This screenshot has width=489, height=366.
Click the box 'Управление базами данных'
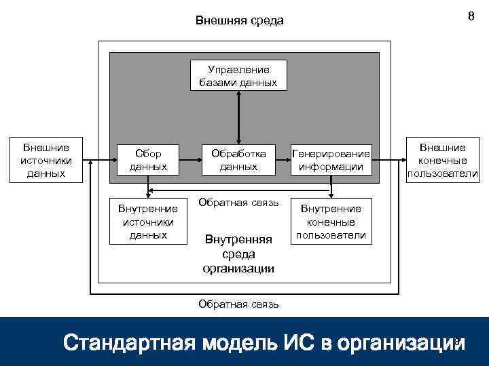pyautogui.click(x=238, y=76)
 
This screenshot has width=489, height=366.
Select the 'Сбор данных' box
pyautogui.click(x=148, y=160)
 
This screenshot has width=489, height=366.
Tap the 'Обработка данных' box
pyautogui.click(x=238, y=160)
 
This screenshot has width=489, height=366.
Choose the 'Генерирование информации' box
pyautogui.click(x=331, y=160)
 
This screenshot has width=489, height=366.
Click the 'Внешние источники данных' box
pyautogui.click(x=46, y=161)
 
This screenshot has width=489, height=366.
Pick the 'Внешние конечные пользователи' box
pyautogui.click(x=442, y=161)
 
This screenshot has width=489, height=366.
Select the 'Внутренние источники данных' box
pyautogui.click(x=148, y=222)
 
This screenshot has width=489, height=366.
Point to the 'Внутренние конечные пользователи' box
pyautogui.click(x=331, y=222)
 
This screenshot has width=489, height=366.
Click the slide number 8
pyautogui.click(x=471, y=17)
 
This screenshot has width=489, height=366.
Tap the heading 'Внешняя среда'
pyautogui.click(x=239, y=20)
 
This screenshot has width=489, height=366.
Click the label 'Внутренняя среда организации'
pyautogui.click(x=238, y=253)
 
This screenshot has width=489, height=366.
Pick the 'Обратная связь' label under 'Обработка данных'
pyautogui.click(x=238, y=203)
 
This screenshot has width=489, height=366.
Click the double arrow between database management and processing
pyautogui.click(x=238, y=117)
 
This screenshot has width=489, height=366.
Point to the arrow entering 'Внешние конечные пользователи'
pyautogui.click(x=391, y=161)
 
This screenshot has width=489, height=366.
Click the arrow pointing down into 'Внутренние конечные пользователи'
pyautogui.click(x=331, y=188)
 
